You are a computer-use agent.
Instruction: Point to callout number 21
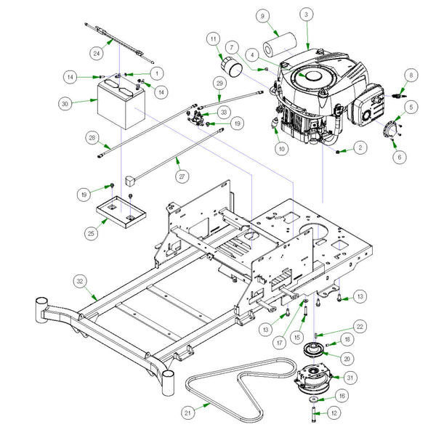coord(187,412)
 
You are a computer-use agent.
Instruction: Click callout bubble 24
coord(97,52)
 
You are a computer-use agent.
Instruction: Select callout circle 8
coord(411,75)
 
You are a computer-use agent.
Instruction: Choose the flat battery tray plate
coord(121,210)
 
